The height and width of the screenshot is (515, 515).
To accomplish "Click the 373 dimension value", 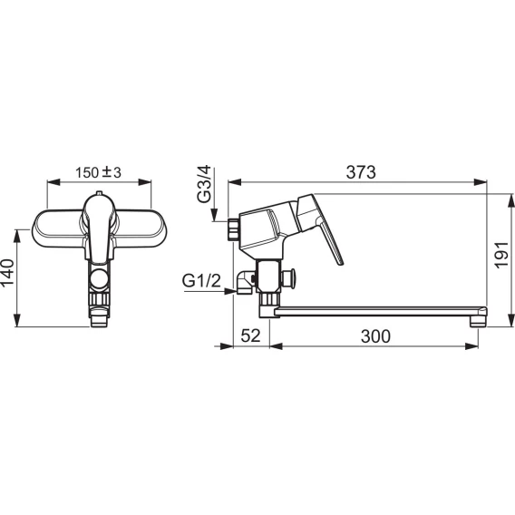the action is tap(361, 172).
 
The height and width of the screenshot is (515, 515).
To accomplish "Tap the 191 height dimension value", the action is tap(501, 255).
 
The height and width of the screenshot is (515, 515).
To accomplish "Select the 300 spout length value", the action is tap(375, 336).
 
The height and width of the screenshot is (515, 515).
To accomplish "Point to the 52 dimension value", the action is tap(250, 335).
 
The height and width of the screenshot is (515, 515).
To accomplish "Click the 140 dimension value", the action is tap(7, 272).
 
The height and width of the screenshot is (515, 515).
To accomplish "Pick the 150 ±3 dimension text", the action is tap(98, 172).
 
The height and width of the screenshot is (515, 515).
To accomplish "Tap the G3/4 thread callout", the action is tap(204, 184).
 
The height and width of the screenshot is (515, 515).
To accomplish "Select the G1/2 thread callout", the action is tap(201, 281).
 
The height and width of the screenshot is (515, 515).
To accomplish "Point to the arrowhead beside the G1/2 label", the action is tap(229, 291).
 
